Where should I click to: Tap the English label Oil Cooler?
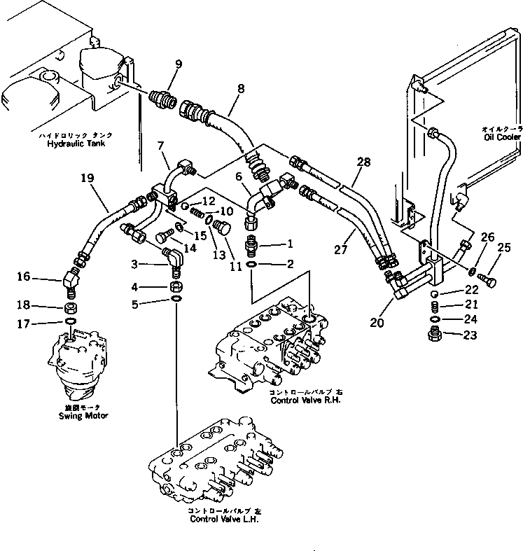[x=502, y=137]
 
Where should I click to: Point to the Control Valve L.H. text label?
[x=218, y=519]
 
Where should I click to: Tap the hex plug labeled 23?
[x=433, y=335]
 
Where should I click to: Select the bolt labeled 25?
[x=489, y=281]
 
